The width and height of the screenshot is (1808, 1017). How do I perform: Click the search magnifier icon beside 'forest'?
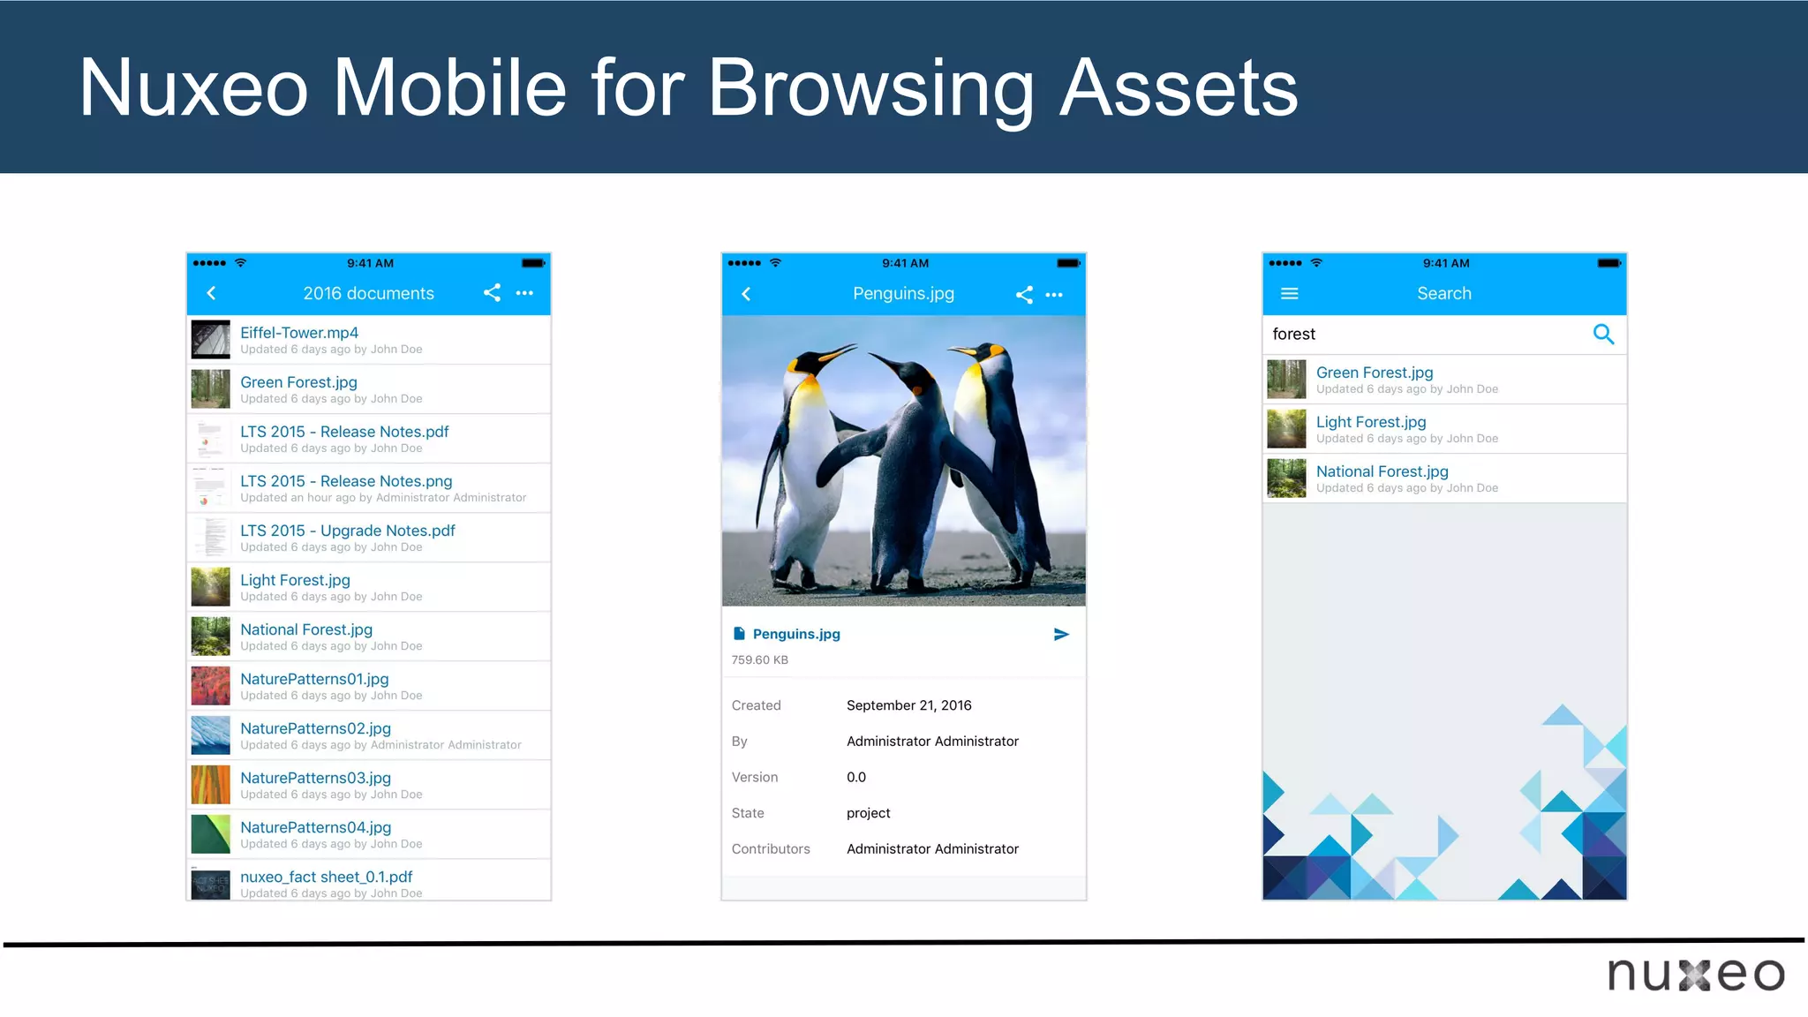1603,335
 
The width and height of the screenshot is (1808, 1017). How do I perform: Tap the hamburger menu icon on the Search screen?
1289,294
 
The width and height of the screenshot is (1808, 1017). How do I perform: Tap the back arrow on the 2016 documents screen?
211,293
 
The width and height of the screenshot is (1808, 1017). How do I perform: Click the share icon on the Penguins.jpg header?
1024,295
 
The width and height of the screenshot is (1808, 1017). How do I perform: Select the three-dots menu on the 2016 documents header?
524,293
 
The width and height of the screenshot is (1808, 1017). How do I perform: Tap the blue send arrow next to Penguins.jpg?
1061,635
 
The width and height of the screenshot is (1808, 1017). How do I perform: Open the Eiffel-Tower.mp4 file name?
299,333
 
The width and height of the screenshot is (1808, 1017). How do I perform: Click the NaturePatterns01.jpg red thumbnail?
210,686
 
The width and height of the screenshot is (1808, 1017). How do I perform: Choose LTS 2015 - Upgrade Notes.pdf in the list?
348,531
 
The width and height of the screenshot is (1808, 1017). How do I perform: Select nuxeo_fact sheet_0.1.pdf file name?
326,877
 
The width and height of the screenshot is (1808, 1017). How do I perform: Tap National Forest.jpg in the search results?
1382,471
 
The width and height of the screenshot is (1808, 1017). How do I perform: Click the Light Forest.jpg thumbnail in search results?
1286,429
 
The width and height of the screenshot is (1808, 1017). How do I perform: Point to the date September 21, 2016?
908,705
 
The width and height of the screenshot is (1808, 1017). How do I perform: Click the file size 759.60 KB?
759,660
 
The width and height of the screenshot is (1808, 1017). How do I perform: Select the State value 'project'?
868,813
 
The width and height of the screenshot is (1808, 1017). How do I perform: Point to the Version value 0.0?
855,777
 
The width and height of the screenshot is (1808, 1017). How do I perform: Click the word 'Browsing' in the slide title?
870,88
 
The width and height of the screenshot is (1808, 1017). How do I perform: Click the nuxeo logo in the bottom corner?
1695,975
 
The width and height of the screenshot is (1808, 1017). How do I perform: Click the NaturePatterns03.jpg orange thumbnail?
210,785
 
